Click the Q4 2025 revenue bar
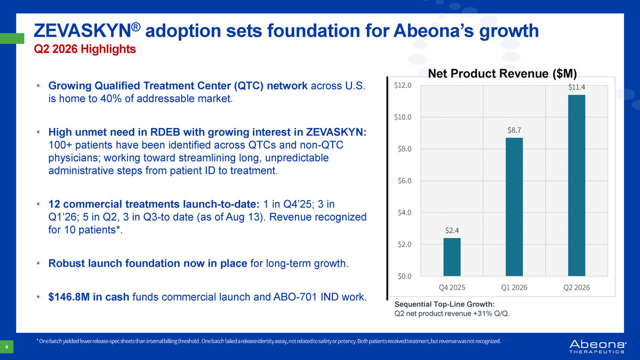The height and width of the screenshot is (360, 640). (452, 257)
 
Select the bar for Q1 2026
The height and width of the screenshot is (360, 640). (514, 207)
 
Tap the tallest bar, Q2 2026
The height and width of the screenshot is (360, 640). (577, 186)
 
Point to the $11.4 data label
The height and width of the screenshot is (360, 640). (577, 87)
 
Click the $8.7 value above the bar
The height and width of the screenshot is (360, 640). (514, 130)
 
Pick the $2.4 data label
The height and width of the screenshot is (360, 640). (452, 230)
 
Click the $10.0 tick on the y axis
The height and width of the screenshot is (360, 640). (403, 117)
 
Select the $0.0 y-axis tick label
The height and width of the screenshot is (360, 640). (405, 276)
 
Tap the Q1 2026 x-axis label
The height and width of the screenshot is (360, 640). (514, 287)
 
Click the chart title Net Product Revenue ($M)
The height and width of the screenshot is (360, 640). (502, 74)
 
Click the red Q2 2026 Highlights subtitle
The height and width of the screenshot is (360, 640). (85, 49)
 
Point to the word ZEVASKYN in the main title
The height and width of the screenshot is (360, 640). (83, 30)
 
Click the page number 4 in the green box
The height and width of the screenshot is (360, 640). (6, 347)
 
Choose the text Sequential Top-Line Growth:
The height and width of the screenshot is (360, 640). (445, 304)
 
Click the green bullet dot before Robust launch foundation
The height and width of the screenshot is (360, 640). (38, 263)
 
